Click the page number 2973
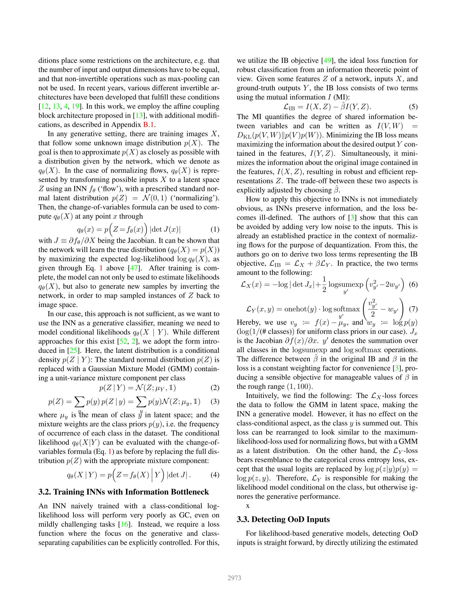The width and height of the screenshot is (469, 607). pyautogui.click(x=234, y=578)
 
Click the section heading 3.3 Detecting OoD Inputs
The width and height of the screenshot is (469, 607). pyautogui.click(x=283, y=519)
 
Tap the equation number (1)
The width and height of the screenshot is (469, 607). pyautogui.click(x=215, y=229)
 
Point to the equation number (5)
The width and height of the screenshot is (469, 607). pyautogui.click(x=413, y=107)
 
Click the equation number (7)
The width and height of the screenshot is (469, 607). pyautogui.click(x=413, y=309)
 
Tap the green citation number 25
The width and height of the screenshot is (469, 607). pyautogui.click(x=73, y=351)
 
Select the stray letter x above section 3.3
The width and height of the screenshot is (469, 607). pyautogui.click(x=247, y=506)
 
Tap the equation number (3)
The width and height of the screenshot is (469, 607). pyautogui.click(x=215, y=402)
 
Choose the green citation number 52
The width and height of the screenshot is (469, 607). pyautogui.click(x=123, y=342)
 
